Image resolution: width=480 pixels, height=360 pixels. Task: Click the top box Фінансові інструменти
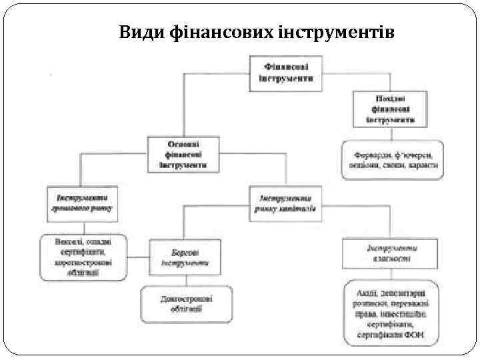tap(285, 73)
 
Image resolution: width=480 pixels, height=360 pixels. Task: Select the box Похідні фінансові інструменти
tap(389, 109)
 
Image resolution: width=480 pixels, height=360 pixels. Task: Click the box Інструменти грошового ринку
tap(83, 203)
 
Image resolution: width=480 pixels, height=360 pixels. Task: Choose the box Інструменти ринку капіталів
tap(285, 203)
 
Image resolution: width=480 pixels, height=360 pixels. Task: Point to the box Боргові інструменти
tap(184, 257)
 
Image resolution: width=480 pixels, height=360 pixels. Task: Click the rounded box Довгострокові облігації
tap(186, 303)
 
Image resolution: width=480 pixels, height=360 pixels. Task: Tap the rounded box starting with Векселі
tap(83, 256)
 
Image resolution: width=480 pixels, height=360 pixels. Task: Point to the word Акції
tap(365, 293)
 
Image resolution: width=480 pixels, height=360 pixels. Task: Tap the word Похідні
tap(389, 99)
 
